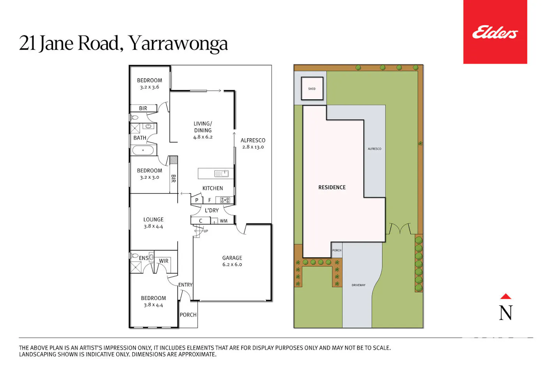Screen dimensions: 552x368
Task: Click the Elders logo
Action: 495,32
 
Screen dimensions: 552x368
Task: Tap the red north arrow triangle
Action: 506,296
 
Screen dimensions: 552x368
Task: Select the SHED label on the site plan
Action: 312,89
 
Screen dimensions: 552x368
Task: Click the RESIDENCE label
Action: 332,187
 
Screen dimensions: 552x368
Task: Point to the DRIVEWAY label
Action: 358,285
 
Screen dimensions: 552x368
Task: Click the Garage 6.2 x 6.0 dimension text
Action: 232,265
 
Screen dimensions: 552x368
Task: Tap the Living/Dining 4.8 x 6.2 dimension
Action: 203,137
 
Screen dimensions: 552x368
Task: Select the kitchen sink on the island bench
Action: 221,174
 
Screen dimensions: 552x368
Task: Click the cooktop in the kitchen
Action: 225,200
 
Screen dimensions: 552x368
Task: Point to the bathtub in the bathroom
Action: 143,150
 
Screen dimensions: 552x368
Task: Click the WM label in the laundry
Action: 223,221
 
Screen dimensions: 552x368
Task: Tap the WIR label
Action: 164,261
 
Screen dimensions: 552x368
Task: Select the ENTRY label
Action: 185,285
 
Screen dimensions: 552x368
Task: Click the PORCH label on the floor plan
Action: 188,315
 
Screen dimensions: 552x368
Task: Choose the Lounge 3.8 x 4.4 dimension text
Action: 153,226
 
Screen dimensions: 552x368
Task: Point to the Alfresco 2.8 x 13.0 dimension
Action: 253,147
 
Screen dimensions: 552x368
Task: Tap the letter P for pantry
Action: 197,200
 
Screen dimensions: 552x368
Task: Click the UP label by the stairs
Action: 206,231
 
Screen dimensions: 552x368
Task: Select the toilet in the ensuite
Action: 134,256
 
